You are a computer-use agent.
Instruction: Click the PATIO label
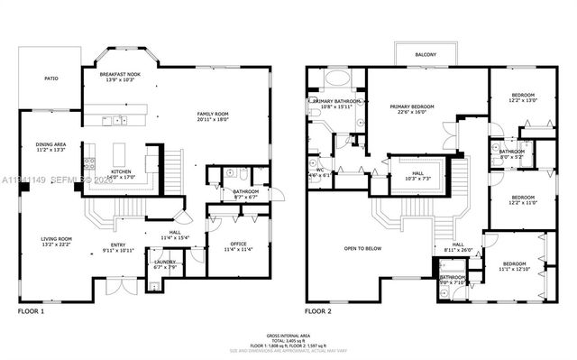pos(51,79)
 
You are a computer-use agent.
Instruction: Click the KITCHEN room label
pos(122,171)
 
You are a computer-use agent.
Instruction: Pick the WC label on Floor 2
pos(320,170)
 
